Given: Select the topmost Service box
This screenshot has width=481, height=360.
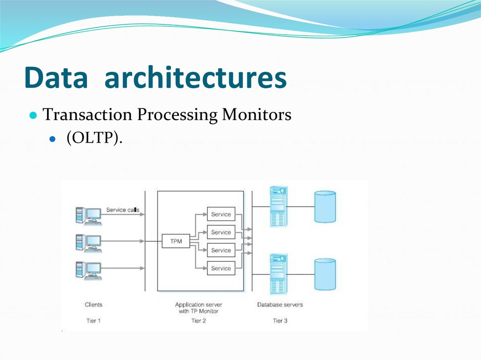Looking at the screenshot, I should pyautogui.click(x=221, y=214).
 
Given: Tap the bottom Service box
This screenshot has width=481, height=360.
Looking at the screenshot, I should pyautogui.click(x=221, y=268).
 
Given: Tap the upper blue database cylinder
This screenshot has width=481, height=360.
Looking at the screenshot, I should pyautogui.click(x=325, y=207).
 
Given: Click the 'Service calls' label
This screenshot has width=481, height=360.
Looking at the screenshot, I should pyautogui.click(x=123, y=209).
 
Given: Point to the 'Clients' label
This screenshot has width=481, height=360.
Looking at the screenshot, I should pyautogui.click(x=93, y=305).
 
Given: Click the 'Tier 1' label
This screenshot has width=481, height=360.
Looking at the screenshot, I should pyautogui.click(x=93, y=321).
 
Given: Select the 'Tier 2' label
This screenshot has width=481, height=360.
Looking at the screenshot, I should pyautogui.click(x=198, y=321).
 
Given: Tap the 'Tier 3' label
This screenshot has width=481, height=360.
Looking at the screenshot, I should pyautogui.click(x=280, y=321).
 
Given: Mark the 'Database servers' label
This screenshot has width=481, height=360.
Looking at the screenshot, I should pyautogui.click(x=280, y=305).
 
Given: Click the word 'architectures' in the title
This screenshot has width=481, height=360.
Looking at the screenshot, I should pyautogui.click(x=195, y=78).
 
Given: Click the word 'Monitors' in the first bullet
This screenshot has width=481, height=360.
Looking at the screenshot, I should pyautogui.click(x=256, y=115).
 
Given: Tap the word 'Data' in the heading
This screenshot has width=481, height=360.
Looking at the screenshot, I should pyautogui.click(x=56, y=78).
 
